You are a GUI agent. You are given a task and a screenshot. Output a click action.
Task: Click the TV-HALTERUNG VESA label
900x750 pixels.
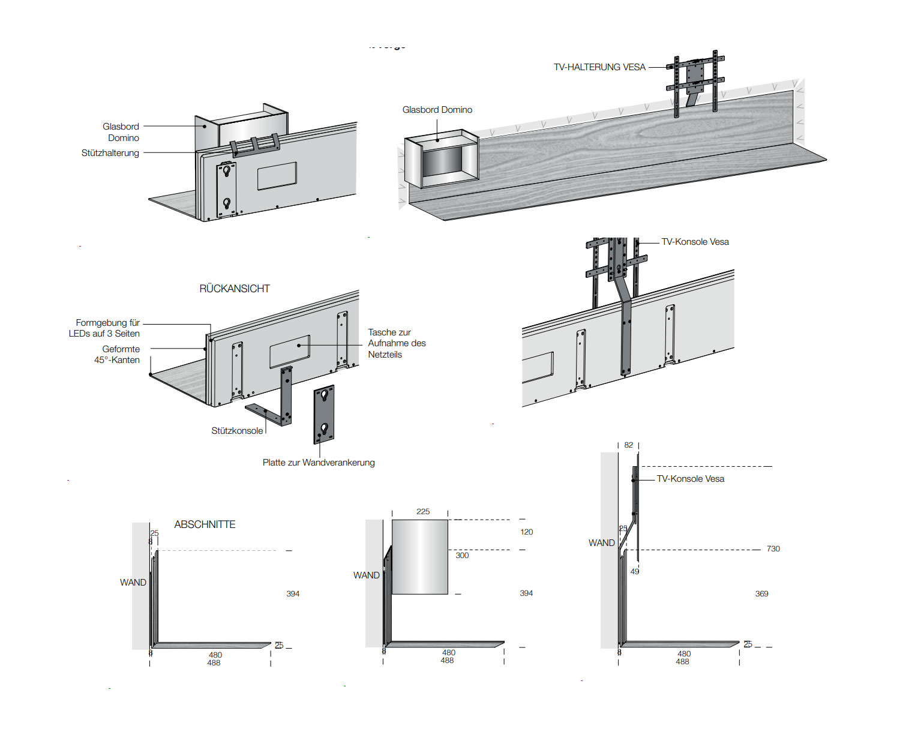coord(599,67)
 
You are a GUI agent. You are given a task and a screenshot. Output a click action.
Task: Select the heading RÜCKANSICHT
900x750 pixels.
coord(235,289)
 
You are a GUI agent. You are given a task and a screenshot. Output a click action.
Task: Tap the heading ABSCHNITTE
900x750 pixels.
coord(205,524)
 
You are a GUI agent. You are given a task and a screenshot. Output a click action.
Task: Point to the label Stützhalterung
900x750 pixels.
coord(110,153)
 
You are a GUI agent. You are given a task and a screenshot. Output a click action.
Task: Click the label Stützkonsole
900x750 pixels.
coord(237,431)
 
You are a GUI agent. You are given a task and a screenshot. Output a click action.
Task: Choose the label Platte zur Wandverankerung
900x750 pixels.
coord(319,463)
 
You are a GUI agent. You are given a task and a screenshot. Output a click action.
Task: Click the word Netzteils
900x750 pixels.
coord(385,355)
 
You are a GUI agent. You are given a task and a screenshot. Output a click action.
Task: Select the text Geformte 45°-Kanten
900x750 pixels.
coord(118,355)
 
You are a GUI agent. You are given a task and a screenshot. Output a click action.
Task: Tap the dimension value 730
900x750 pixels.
coord(773,549)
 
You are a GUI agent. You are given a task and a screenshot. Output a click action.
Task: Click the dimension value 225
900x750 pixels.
coord(423,512)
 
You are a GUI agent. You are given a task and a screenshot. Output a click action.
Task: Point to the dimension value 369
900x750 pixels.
coord(761,594)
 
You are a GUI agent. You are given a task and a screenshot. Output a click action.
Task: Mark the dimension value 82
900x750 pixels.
coord(628,445)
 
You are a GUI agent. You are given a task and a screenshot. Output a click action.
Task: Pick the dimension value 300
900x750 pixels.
coord(462,556)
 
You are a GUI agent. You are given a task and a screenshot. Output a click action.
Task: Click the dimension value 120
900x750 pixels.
coord(527,532)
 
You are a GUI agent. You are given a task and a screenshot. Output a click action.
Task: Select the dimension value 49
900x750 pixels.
coord(635,572)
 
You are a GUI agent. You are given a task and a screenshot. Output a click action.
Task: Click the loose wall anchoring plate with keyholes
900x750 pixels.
coord(324,414)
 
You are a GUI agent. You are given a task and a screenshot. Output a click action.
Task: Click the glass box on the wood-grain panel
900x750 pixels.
coord(442,160)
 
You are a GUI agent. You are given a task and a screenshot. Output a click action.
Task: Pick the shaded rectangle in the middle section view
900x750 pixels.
coord(420,557)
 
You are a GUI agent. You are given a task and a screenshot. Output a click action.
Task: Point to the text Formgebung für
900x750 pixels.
coord(108,323)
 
